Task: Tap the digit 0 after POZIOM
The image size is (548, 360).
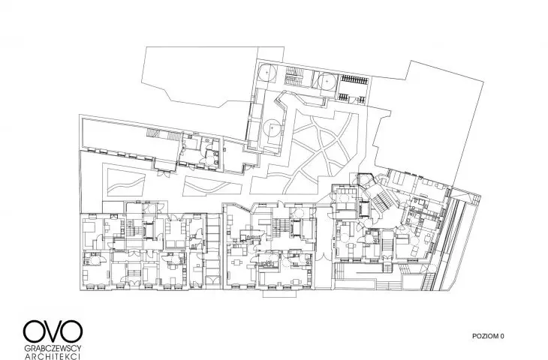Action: coord(502,336)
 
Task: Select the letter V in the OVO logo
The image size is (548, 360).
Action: coord(53,331)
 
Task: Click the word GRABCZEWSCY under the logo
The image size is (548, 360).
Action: coord(53,349)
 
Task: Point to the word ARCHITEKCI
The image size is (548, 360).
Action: coord(53,356)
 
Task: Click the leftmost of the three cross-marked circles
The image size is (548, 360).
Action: coord(267,73)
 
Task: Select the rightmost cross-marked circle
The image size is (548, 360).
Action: coord(327,82)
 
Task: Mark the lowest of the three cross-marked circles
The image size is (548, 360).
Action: coord(272,128)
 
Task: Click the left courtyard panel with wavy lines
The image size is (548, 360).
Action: coord(125,183)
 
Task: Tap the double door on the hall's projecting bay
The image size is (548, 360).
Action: coord(163,172)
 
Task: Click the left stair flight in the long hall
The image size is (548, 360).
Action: coord(152,133)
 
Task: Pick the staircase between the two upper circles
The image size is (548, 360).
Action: coord(294,76)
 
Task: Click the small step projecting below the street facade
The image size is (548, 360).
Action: coord(279,293)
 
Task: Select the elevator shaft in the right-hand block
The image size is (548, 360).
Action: coord(363,208)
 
